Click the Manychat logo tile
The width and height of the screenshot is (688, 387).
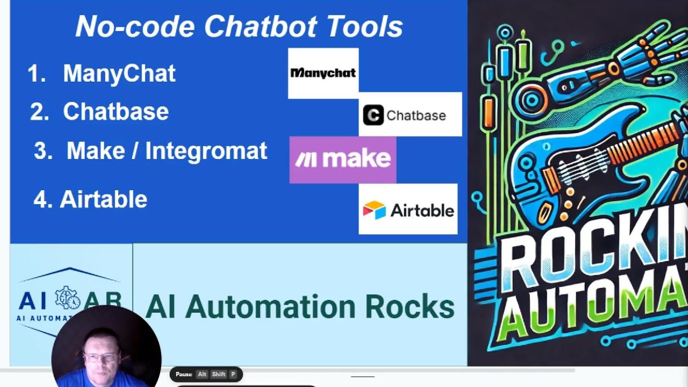323,73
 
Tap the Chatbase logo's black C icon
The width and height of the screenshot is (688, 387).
373,115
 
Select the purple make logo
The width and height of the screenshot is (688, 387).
343,159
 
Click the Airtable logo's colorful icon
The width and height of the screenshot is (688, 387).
374,210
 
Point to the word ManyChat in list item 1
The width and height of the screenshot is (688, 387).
119,73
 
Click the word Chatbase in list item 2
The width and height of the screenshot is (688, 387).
116,112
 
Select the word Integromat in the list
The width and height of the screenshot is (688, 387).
206,151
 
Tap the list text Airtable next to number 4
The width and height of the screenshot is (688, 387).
103,199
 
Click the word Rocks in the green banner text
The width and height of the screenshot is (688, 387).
410,307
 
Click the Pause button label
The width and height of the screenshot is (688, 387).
184,374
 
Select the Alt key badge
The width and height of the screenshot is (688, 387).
202,374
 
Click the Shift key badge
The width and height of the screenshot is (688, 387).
219,374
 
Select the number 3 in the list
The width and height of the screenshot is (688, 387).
40,152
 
